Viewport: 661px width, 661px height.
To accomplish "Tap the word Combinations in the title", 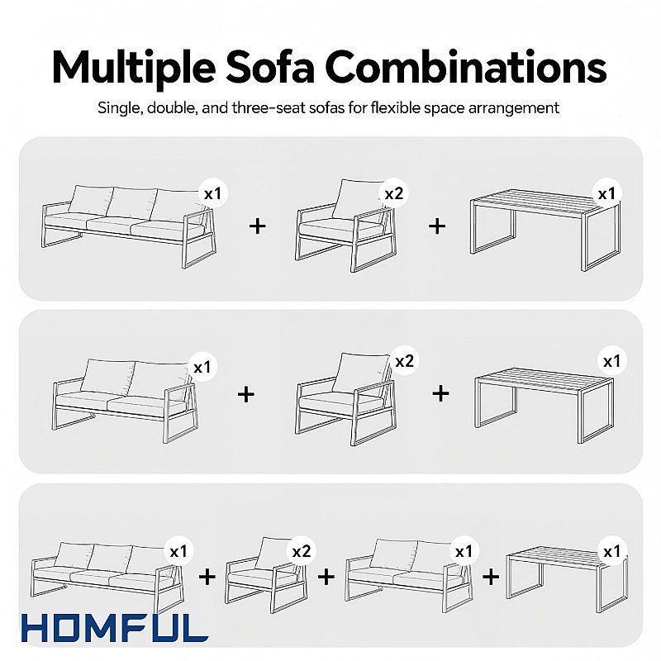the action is [466, 68].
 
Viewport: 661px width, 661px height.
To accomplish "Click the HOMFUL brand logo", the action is [115, 628].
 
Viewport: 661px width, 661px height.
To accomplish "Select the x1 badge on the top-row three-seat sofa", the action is [213, 193].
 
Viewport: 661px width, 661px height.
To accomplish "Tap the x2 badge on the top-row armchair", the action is [394, 193].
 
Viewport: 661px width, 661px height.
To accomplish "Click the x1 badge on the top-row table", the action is [606, 193].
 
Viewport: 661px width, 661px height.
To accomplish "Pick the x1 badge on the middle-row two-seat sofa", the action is [202, 367].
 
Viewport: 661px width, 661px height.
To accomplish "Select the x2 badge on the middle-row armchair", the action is [404, 361].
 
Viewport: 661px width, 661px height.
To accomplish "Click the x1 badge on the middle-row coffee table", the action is [611, 361].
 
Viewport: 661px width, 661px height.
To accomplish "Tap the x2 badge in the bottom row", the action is [302, 551].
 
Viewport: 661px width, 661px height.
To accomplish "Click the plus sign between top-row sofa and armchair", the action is [258, 226].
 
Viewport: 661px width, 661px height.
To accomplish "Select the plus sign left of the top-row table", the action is [437, 226].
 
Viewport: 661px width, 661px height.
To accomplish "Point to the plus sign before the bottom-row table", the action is [491, 577].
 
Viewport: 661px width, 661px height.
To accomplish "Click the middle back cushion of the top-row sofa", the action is [132, 202].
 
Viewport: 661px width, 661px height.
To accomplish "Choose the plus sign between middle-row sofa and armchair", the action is [246, 395].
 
